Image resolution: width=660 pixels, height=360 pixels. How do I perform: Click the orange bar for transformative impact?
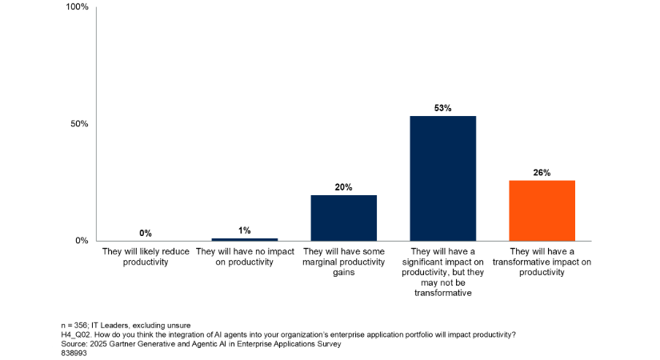click(542, 210)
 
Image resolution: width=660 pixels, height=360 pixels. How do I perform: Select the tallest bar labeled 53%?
click(442, 178)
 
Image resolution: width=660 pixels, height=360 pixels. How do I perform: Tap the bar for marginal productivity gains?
click(344, 218)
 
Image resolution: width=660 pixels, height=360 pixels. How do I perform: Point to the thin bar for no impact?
click(244, 239)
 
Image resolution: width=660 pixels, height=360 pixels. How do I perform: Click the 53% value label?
click(442, 107)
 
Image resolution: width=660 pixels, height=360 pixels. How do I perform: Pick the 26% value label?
click(542, 172)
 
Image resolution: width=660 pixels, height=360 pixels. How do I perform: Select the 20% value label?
click(344, 186)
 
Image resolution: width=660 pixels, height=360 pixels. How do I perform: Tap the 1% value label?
click(244, 230)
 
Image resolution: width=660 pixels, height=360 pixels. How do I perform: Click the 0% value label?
click(146, 233)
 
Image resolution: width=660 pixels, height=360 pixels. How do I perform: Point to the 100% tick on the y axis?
click(76, 8)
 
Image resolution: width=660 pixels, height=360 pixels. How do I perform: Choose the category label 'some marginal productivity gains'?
click(344, 262)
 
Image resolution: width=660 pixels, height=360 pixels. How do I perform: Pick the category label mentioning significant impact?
click(442, 272)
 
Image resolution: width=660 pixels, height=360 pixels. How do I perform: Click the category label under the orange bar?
click(542, 262)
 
